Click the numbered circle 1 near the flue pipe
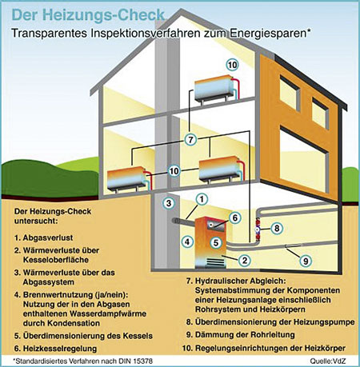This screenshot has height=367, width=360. click(202, 199)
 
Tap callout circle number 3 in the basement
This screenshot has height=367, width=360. click(169, 203)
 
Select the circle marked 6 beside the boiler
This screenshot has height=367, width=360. click(235, 217)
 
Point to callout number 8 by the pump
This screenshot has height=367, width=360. click(277, 228)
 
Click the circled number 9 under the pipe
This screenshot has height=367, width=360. click(306, 261)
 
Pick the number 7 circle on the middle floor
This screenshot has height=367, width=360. click(190, 139)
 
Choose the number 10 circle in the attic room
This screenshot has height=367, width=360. click(232, 65)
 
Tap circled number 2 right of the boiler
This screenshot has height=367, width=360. click(245, 260)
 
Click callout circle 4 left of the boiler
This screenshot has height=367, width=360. click(187, 241)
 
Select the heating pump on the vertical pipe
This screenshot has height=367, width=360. click(258, 229)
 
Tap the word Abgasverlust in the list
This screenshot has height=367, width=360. click(48, 237)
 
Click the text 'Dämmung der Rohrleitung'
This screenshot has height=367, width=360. click(245, 335)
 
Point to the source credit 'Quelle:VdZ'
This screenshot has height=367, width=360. click(328, 361)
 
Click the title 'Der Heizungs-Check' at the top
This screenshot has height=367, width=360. click(88, 15)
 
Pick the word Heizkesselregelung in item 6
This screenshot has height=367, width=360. click(60, 349)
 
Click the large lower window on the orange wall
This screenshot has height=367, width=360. click(304, 159)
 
